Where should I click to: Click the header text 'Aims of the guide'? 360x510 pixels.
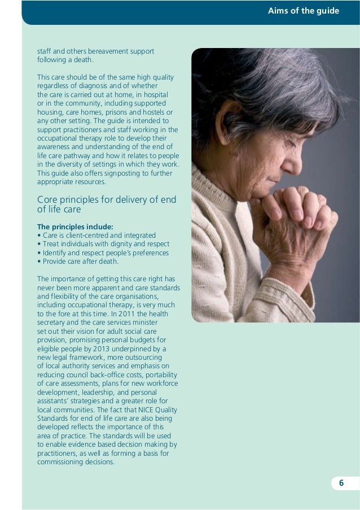[x=304, y=10]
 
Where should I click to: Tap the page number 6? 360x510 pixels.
[x=341, y=483]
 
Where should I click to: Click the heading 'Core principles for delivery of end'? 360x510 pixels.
[x=107, y=200]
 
